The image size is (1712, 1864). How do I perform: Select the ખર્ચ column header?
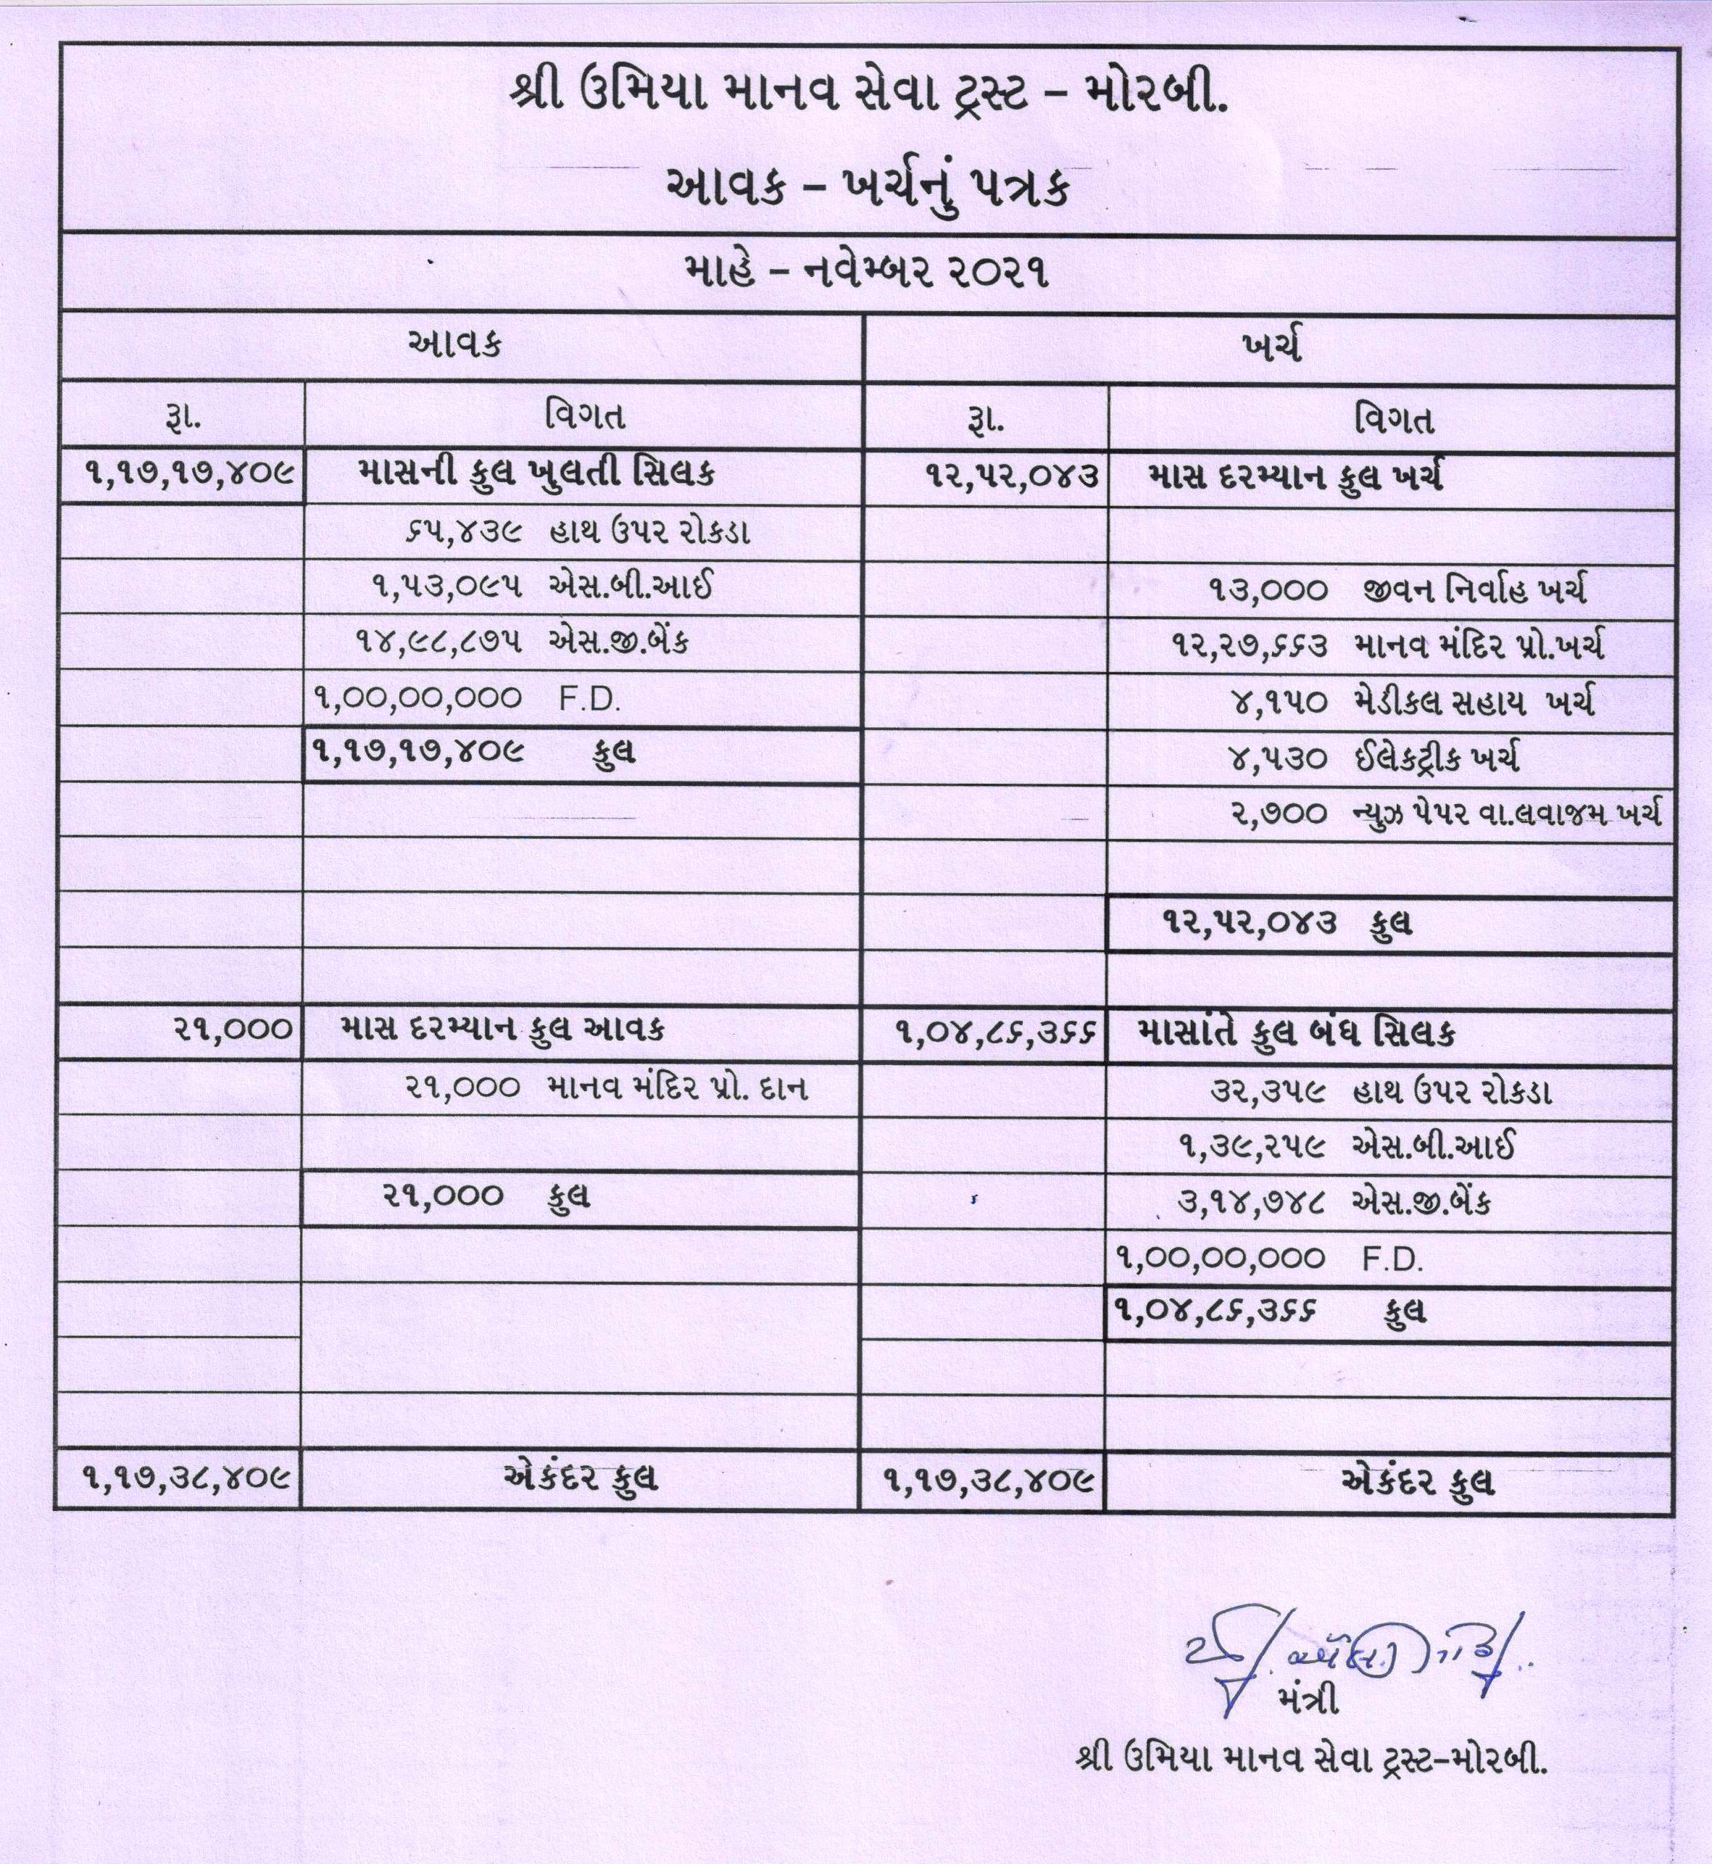point(1273,347)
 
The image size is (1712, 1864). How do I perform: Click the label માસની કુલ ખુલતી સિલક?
point(536,476)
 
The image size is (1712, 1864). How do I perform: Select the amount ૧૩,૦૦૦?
point(1268,590)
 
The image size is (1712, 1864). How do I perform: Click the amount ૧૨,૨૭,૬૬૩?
point(1250,646)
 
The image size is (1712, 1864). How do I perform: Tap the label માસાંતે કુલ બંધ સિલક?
point(1296,1033)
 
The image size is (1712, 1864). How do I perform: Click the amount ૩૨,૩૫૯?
point(1267,1091)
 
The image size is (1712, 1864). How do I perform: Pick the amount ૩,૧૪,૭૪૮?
point(1250,1203)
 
